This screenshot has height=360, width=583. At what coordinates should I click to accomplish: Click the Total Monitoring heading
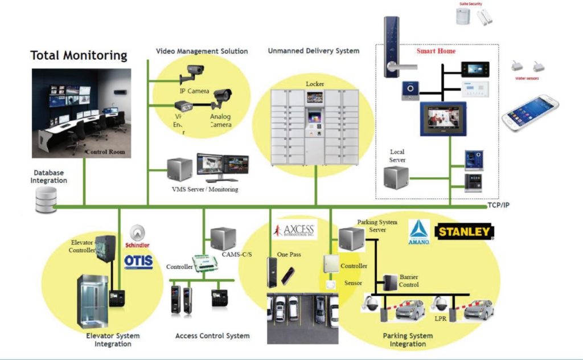coord(79,55)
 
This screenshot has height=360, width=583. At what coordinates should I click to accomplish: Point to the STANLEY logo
coord(464,232)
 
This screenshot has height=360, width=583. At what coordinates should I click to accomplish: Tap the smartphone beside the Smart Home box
coord(529,113)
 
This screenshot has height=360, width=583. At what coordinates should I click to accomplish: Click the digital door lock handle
coord(392,47)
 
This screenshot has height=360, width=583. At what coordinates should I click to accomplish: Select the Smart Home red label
coord(436,51)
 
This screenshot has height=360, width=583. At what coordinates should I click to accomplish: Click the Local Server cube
coord(396,179)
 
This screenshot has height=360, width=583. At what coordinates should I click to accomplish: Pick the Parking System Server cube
coord(351,239)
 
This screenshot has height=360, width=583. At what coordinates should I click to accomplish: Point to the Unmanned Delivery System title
coord(313,51)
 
